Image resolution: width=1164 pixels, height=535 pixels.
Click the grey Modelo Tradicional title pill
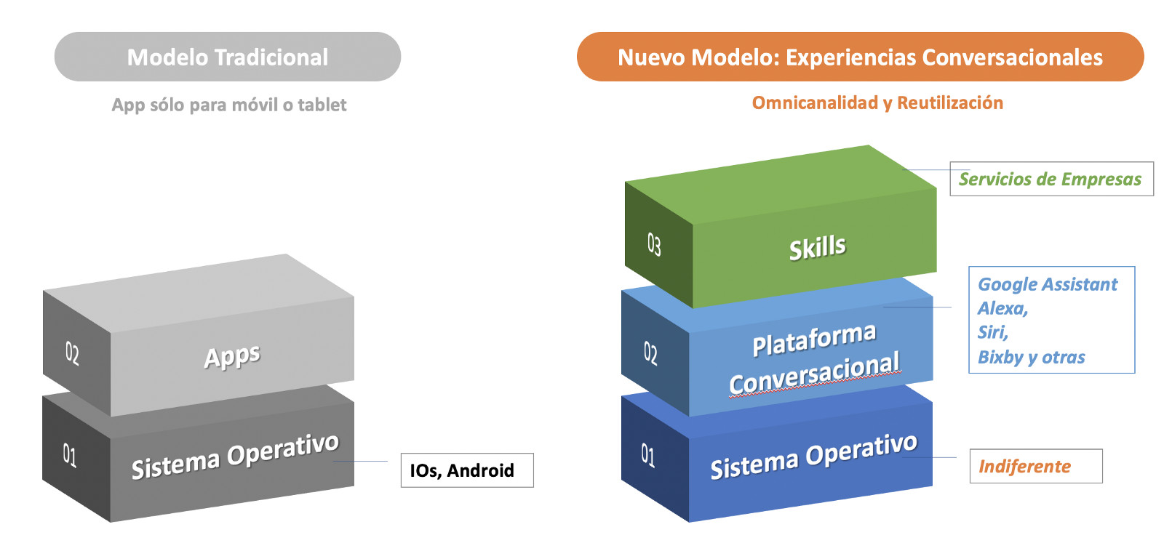coord(227,57)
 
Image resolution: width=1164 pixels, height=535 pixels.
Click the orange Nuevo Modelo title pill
coord(860,57)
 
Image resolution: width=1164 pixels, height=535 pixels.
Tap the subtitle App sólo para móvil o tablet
coord(229,105)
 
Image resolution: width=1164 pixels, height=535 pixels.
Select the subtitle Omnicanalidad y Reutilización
coord(877,102)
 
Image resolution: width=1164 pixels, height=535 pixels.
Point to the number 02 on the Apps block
coord(72,353)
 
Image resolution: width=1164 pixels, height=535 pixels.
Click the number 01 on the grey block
coord(70,456)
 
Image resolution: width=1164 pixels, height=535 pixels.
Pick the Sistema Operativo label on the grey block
coord(235,456)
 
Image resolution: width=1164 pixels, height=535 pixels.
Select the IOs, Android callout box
coord(466,470)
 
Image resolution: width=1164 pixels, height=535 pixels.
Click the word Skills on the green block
coord(818,248)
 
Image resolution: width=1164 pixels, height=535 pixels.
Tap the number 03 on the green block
coord(654,244)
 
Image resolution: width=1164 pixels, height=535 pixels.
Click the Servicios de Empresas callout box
coord(1051,179)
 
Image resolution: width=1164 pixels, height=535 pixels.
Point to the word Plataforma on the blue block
coord(814,339)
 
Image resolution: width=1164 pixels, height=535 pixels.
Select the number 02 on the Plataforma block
coord(650,353)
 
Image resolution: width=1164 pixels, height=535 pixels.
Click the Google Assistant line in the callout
coord(1047,284)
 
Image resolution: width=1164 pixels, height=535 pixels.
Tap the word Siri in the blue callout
coord(992,332)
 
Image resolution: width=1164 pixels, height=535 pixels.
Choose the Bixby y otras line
coord(1031,357)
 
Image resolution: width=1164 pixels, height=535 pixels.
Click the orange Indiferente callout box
coord(1035,466)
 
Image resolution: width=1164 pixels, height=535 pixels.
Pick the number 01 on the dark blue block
coord(647,455)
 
